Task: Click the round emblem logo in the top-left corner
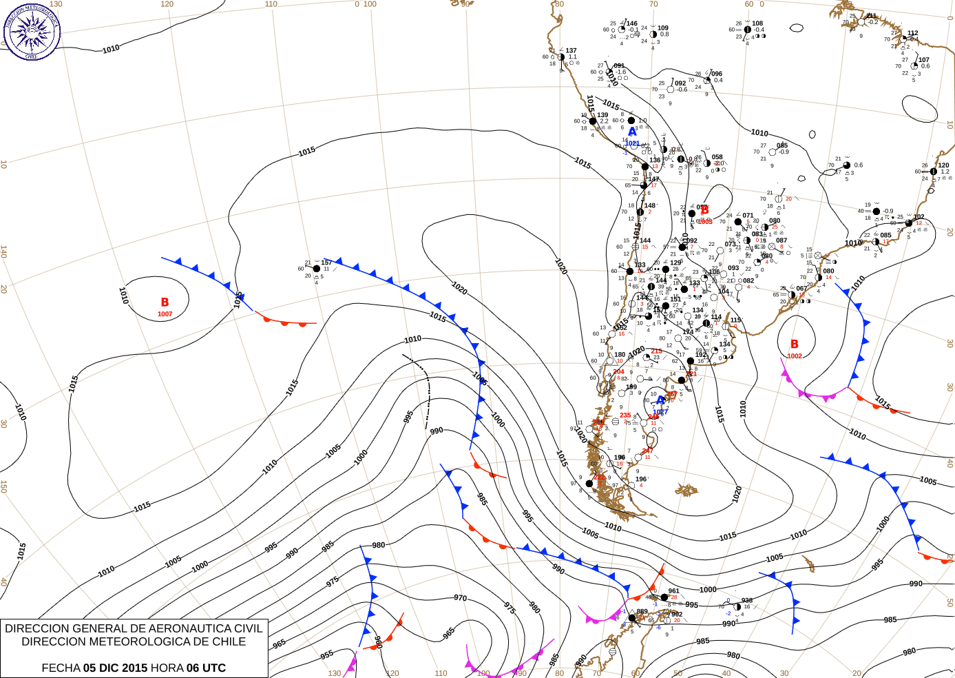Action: pyautogui.click(x=32, y=31)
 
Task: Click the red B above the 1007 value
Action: pyautogui.click(x=165, y=302)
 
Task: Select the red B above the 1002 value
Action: pyautogui.click(x=795, y=344)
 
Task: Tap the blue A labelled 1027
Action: pyautogui.click(x=660, y=400)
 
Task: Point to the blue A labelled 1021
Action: pyautogui.click(x=632, y=132)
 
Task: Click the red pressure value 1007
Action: pyautogui.click(x=165, y=314)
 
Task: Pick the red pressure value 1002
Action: pyautogui.click(x=795, y=356)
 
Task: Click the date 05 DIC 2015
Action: pyautogui.click(x=115, y=668)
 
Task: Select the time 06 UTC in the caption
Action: pyautogui.click(x=206, y=668)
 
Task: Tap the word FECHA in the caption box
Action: pyautogui.click(x=61, y=668)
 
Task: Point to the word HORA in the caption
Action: pyautogui.click(x=167, y=668)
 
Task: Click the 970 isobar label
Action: pyautogui.click(x=460, y=598)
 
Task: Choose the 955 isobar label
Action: pyautogui.click(x=327, y=655)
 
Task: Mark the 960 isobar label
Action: pyautogui.click(x=378, y=641)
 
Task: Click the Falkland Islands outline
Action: pyautogui.click(x=686, y=490)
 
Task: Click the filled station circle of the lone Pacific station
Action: pyautogui.click(x=317, y=269)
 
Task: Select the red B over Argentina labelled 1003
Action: pyautogui.click(x=704, y=210)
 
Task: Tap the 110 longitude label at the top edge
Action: pyautogui.click(x=271, y=4)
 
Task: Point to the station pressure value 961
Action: pyautogui.click(x=673, y=590)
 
